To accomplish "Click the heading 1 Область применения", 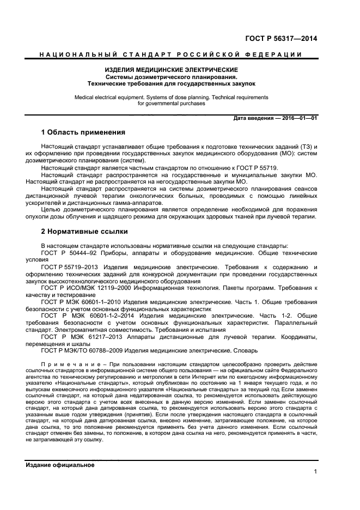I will point(83,132).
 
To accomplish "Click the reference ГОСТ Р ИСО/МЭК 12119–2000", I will point(82,287).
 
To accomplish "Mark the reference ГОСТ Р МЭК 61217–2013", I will point(77,337).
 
